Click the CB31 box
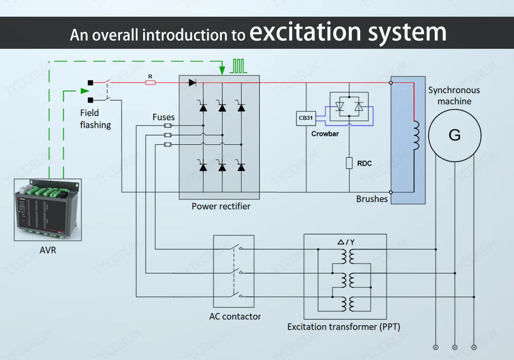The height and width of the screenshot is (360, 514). tap(306, 118)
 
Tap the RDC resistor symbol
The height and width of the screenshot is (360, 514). tap(349, 163)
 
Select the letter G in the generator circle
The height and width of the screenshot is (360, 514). tap(454, 135)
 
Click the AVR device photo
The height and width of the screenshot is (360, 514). tap(48, 210)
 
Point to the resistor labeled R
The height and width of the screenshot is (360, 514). tap(150, 82)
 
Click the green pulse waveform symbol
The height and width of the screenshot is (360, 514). tap(239, 66)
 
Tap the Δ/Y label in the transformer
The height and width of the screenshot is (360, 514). tap(346, 242)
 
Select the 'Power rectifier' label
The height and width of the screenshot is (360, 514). tap(221, 206)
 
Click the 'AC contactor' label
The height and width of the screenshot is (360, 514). tap(235, 317)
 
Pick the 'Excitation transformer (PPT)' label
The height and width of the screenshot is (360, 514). tap(344, 327)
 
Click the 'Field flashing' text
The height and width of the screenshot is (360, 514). tap(95, 119)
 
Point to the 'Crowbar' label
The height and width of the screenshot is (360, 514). tap(325, 134)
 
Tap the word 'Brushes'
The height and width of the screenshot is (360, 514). tap(371, 199)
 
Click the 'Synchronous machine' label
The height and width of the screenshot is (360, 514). tap(454, 95)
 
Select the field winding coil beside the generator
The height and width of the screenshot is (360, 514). tap(415, 136)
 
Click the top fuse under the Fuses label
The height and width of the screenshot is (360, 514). tap(168, 125)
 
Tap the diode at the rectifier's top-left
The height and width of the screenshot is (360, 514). tap(192, 83)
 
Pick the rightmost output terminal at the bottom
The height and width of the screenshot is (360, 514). tap(474, 347)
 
